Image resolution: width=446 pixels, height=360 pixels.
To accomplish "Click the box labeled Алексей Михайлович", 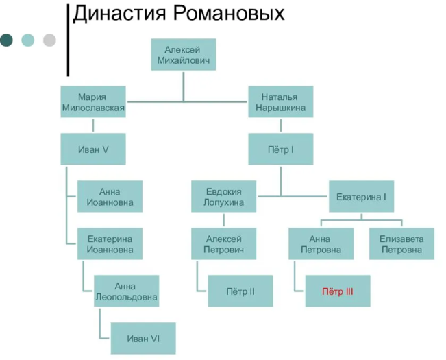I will click(x=183, y=55).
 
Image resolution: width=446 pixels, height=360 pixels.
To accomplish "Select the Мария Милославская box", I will click(x=92, y=102).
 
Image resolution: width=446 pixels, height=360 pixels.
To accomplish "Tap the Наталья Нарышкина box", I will click(x=280, y=102).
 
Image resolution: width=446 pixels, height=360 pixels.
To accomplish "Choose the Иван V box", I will click(x=92, y=149).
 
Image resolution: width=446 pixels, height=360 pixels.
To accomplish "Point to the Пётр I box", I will click(x=280, y=149).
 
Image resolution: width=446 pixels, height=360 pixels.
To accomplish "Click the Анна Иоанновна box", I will click(x=110, y=197).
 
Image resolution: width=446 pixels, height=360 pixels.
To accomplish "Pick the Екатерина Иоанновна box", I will click(x=110, y=244).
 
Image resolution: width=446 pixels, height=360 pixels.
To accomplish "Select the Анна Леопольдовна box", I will click(x=126, y=291).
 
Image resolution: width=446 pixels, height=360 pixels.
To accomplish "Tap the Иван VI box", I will click(x=143, y=339).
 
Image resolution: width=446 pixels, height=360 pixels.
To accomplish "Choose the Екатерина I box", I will click(x=361, y=197).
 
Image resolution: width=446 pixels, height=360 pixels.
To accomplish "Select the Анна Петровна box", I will click(x=321, y=244).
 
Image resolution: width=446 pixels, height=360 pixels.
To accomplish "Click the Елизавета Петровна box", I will click(x=401, y=244).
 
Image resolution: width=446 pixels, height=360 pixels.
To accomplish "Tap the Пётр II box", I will click(x=240, y=291).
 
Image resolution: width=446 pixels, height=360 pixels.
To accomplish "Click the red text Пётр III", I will click(x=337, y=291).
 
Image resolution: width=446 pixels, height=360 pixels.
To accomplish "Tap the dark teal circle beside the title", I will click(x=6, y=40).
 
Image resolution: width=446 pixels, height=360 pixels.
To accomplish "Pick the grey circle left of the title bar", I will click(x=49, y=40).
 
